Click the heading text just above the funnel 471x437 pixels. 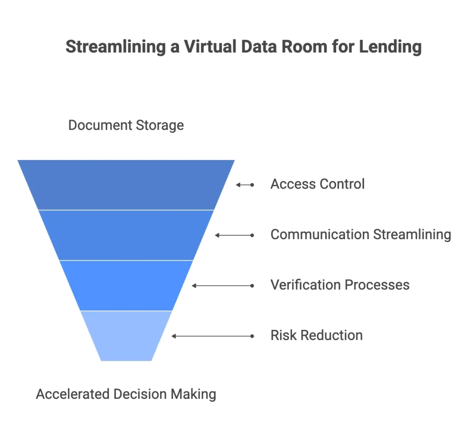[125, 126]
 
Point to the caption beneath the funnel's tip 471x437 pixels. [125, 395]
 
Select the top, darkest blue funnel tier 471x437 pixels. [126, 184]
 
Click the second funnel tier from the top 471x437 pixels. [126, 235]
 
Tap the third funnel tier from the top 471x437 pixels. [126, 285]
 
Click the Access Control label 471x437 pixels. [316, 184]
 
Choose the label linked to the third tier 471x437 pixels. [339, 285]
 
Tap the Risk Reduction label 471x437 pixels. [316, 336]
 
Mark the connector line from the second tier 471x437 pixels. [235, 235]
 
